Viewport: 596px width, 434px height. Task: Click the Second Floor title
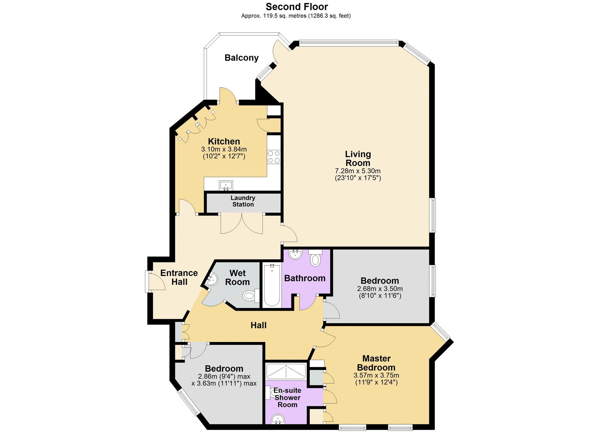pyautogui.click(x=297, y=6)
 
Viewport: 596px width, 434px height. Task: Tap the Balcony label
pyautogui.click(x=241, y=58)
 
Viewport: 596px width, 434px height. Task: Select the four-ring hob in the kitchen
pyautogui.click(x=274, y=157)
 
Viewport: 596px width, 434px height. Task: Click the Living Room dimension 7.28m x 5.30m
pyautogui.click(x=358, y=171)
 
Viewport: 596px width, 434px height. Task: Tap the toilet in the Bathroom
pyautogui.click(x=315, y=258)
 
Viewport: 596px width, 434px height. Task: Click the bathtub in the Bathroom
pyautogui.click(x=272, y=286)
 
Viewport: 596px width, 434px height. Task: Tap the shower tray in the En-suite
pyautogui.click(x=286, y=371)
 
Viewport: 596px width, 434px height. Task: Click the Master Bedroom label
pyautogui.click(x=376, y=363)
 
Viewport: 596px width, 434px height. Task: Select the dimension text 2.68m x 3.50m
pyautogui.click(x=380, y=289)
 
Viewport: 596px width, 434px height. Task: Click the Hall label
pyautogui.click(x=258, y=325)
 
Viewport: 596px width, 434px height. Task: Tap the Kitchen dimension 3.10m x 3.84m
pyautogui.click(x=224, y=149)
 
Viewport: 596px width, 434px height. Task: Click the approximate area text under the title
pyautogui.click(x=296, y=16)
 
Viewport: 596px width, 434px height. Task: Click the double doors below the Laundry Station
pyautogui.click(x=241, y=224)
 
